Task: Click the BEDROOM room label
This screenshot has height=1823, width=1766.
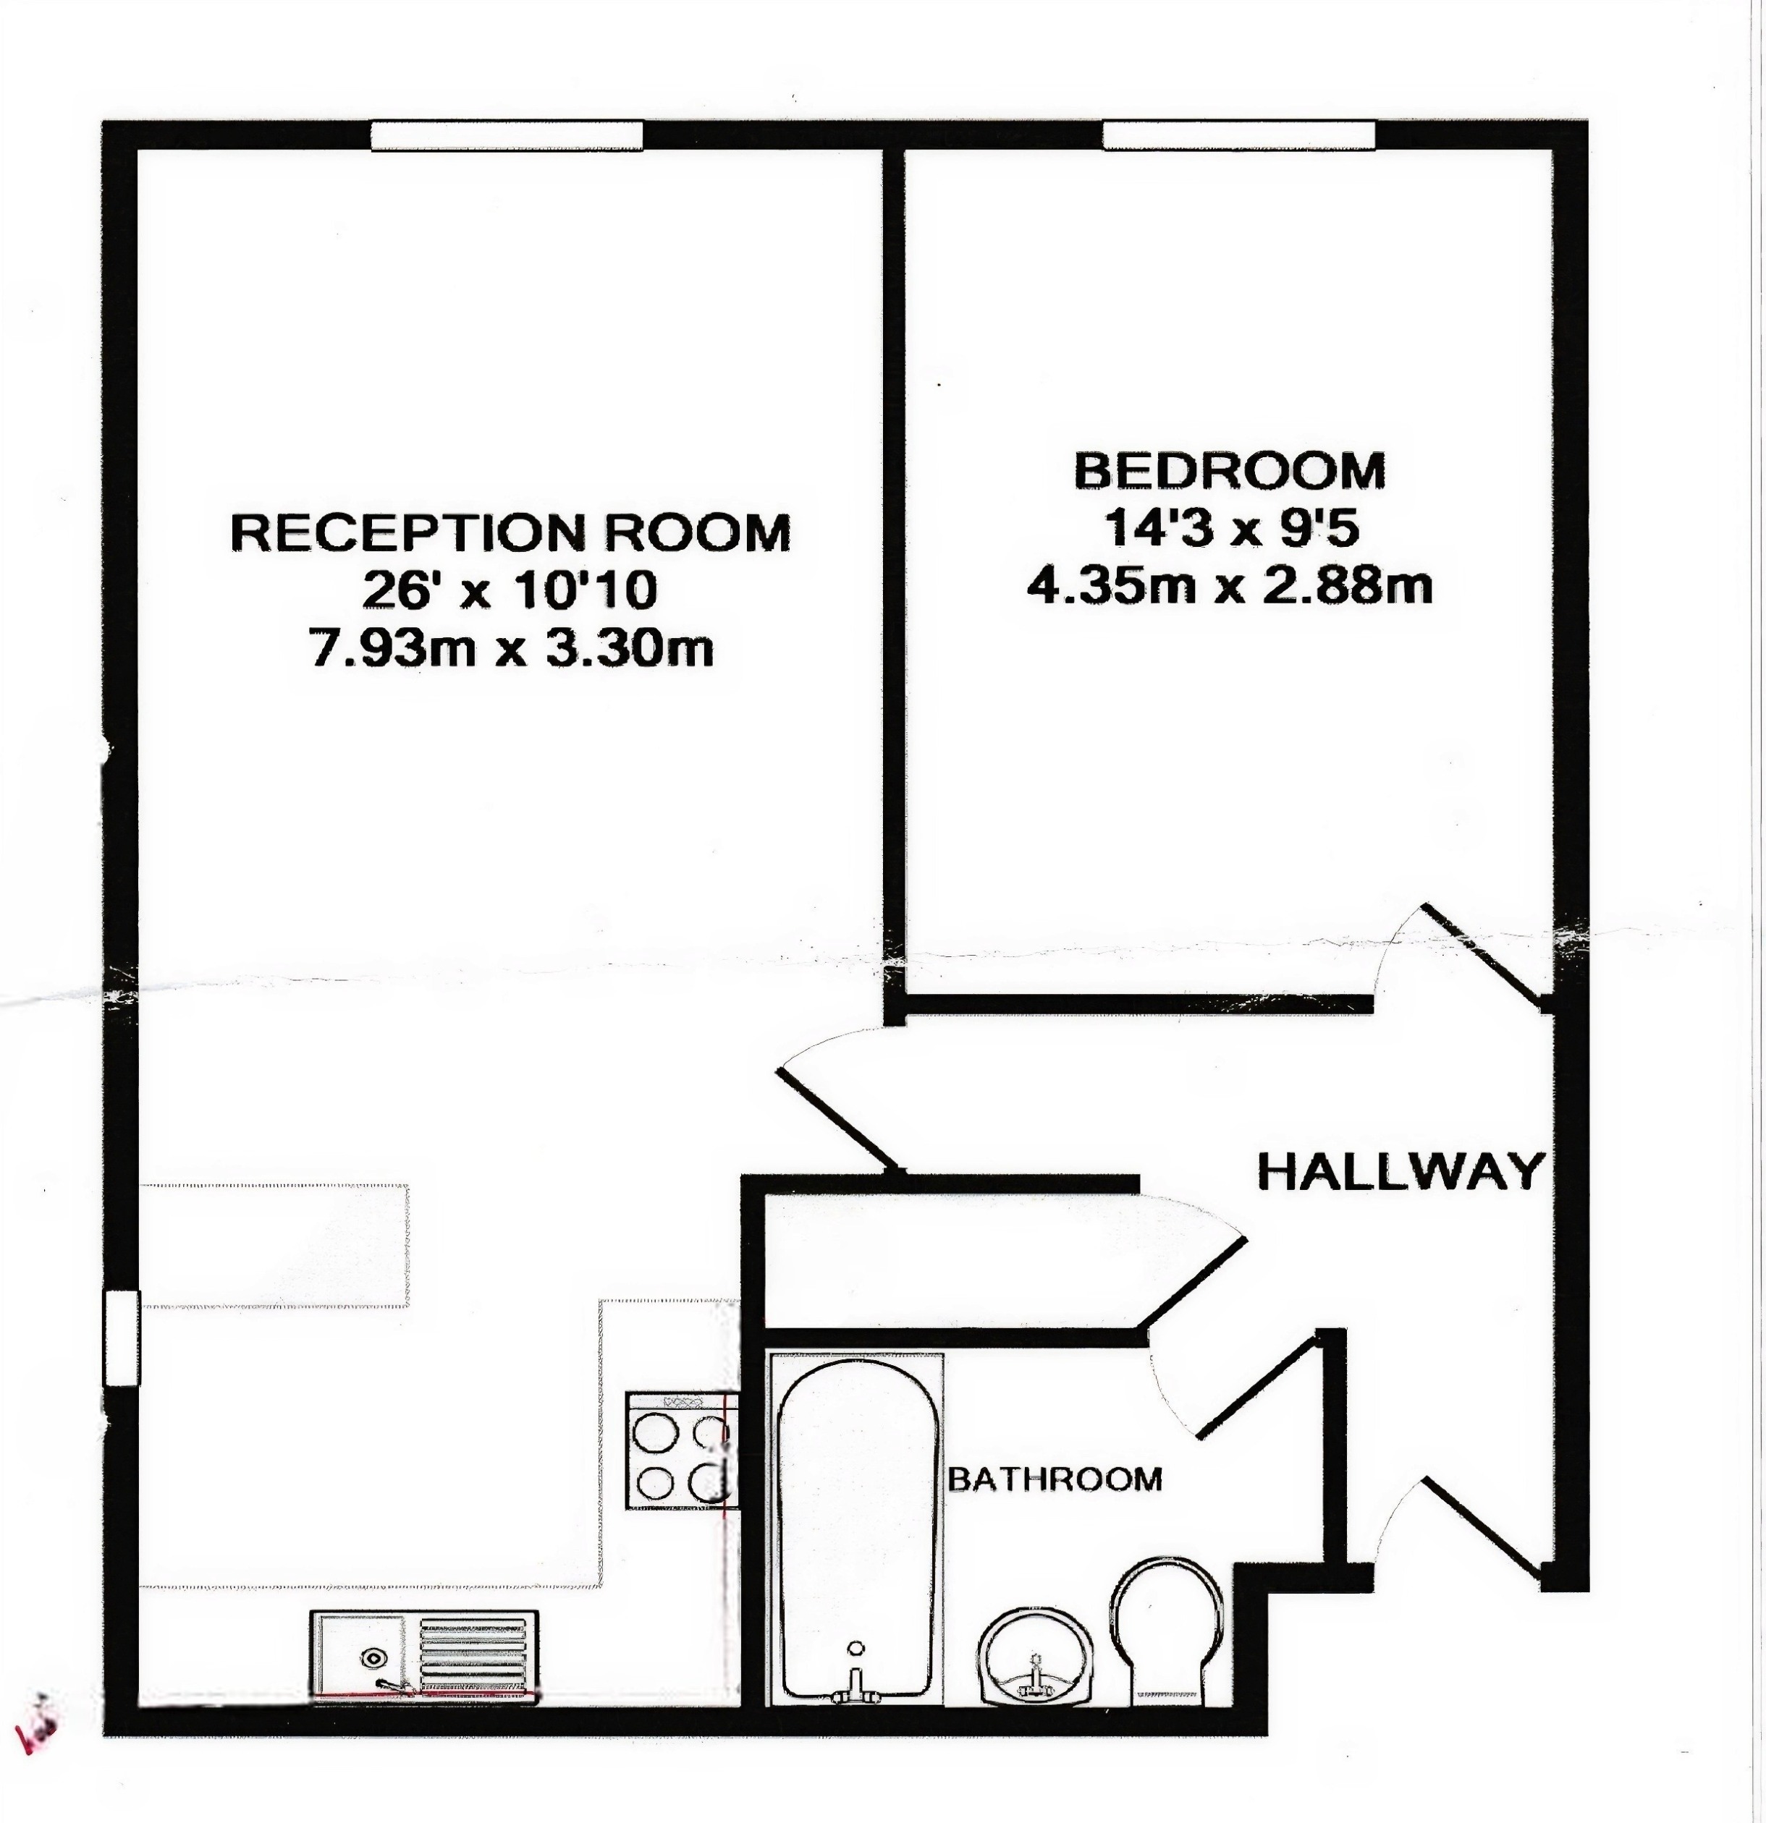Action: (x=1229, y=471)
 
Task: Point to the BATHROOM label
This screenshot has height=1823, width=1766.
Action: (x=1055, y=1478)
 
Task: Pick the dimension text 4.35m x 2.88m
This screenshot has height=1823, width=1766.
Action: (x=1229, y=586)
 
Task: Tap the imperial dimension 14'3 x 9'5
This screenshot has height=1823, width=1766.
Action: (x=1231, y=530)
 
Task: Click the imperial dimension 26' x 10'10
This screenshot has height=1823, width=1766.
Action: (x=510, y=590)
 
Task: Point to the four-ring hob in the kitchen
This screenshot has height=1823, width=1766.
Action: (x=681, y=1450)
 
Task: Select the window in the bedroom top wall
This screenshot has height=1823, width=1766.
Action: (x=1238, y=136)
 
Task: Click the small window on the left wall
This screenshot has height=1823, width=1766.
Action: (x=121, y=1338)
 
